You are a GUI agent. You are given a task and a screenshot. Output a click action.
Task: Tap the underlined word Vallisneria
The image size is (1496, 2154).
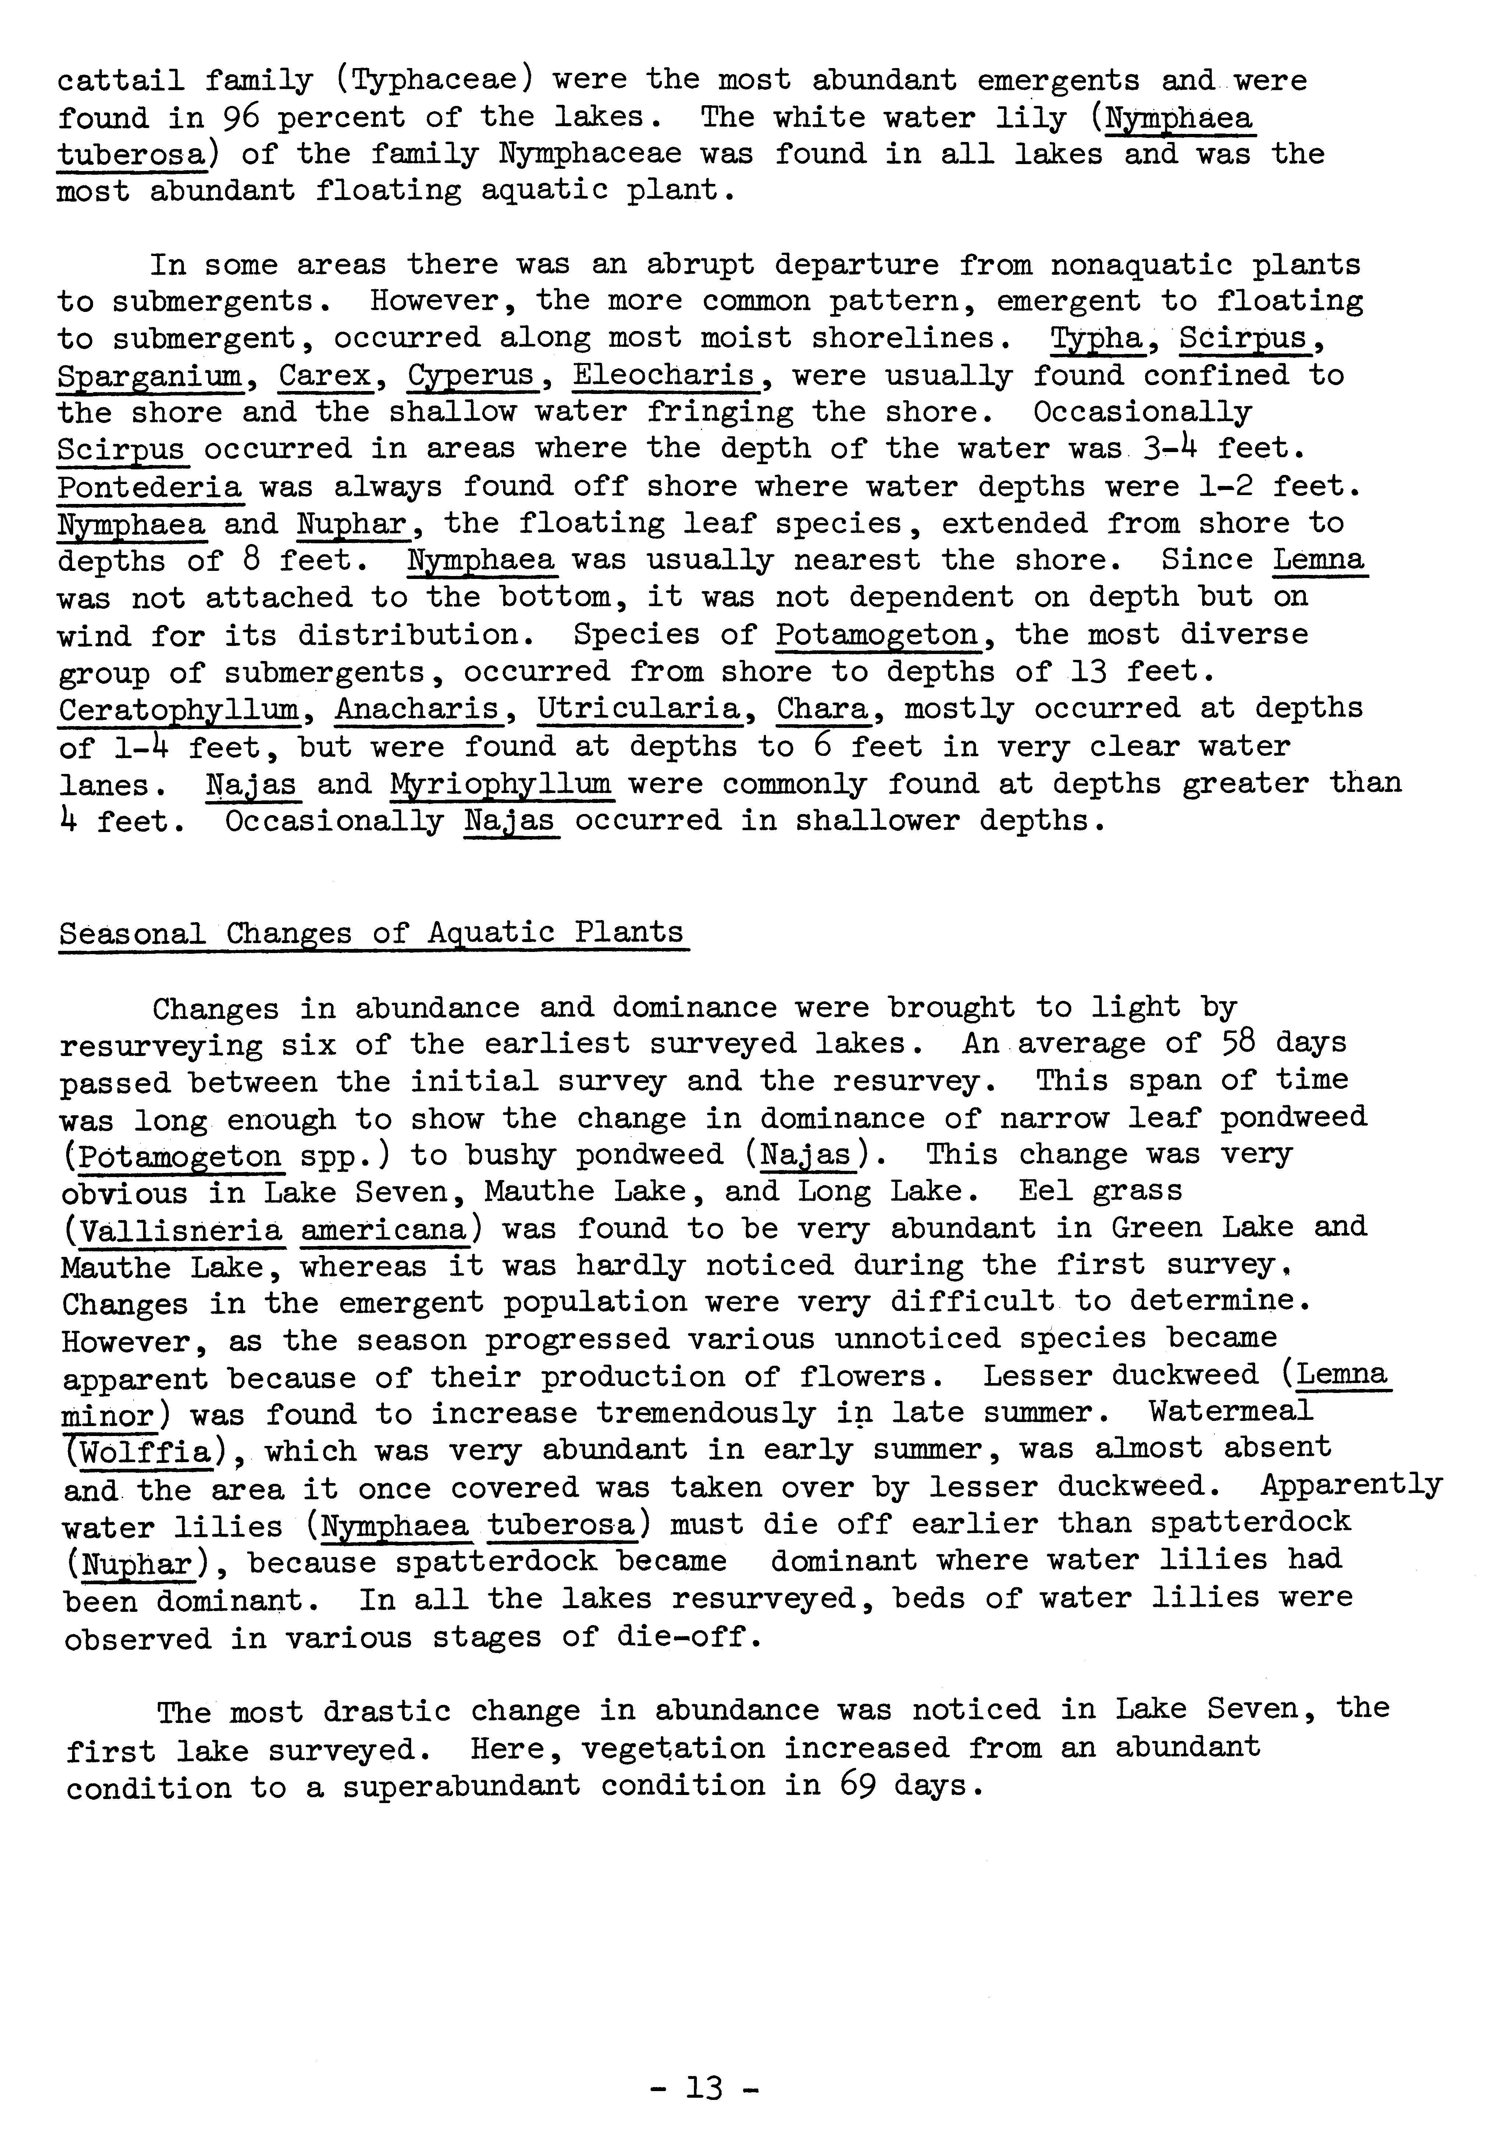(x=180, y=1229)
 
